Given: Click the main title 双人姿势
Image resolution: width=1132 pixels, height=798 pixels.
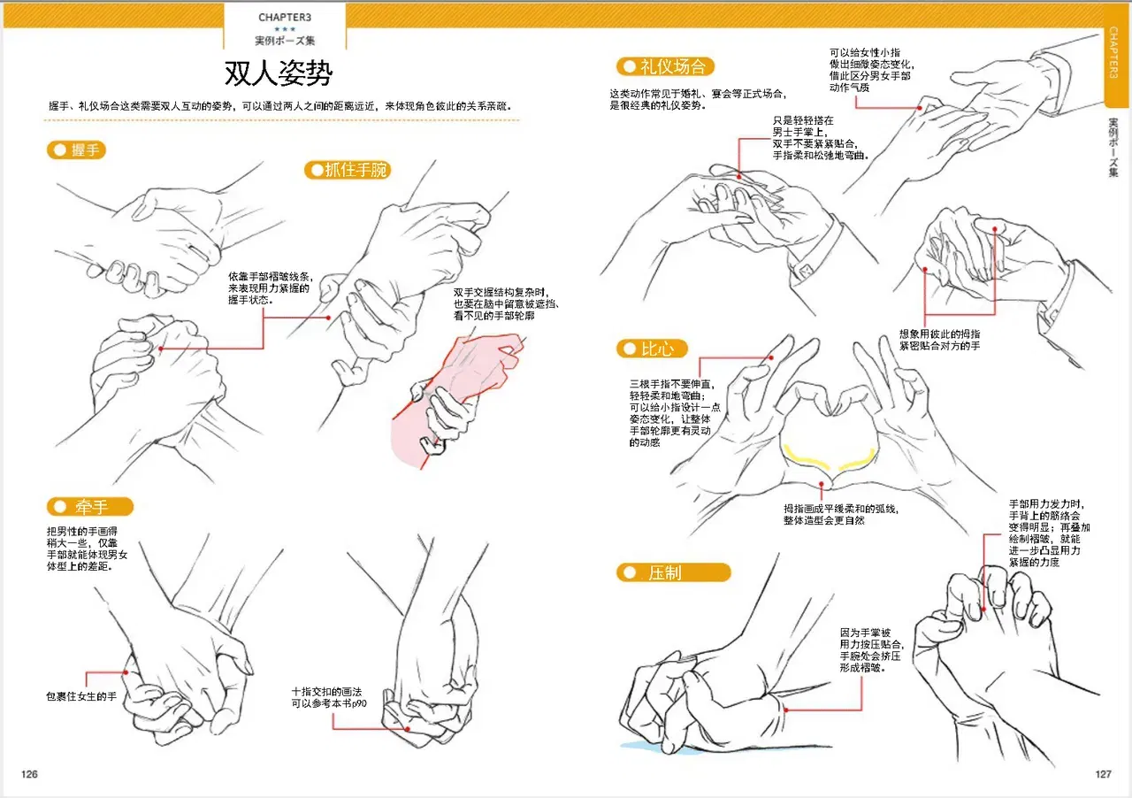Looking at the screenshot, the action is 279,73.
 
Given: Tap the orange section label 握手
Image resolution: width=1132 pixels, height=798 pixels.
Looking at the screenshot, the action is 76,150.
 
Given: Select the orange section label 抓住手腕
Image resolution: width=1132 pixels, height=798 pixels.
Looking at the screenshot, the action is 348,170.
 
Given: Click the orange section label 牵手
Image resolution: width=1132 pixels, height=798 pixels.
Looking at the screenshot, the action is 90,507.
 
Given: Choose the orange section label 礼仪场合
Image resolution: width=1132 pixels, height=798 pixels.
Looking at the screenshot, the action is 665,66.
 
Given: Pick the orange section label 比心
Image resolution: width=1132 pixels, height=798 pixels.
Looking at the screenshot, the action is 652,349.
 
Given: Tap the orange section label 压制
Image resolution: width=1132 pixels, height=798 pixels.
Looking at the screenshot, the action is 673,572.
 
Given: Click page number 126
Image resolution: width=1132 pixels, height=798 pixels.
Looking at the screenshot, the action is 29,774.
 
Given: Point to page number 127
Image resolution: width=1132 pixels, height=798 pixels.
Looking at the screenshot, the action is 1103,774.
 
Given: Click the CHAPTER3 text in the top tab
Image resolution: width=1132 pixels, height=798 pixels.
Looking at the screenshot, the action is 285,17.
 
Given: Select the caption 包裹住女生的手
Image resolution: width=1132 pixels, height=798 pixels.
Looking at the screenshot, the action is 81,696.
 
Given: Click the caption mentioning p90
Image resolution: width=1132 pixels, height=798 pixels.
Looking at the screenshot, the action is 329,697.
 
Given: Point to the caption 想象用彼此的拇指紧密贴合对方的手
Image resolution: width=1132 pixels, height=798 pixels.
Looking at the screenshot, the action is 939,340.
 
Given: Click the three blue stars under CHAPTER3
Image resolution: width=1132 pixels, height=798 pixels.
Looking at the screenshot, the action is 285,29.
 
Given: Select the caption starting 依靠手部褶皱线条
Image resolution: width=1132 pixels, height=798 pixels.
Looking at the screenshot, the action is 271,288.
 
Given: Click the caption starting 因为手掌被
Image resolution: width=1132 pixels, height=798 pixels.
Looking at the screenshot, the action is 872,650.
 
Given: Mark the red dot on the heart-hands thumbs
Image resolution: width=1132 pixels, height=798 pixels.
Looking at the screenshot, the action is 822,484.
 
